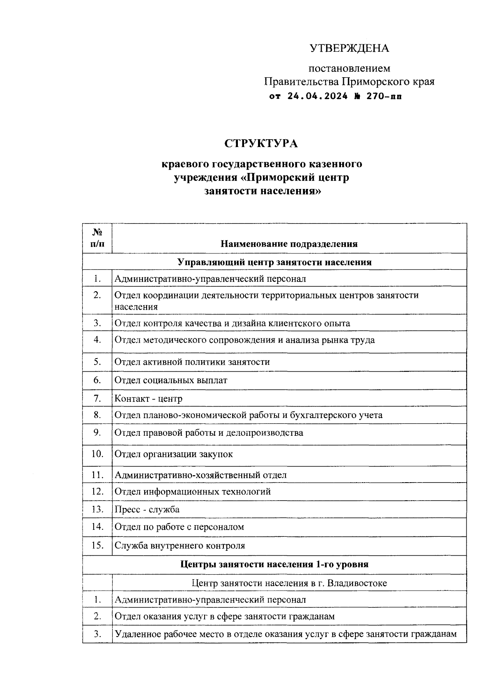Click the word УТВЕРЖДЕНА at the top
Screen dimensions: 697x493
pos(349,48)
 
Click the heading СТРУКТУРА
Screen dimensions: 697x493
pos(261,144)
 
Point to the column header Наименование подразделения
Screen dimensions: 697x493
pos(289,244)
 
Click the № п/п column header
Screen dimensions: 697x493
pos(97,238)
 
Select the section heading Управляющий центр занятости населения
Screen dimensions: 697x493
pos(274,262)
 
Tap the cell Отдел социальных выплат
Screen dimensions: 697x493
pos(171,380)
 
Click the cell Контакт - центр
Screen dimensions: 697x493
pos(148,399)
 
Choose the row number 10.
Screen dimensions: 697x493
pos(97,454)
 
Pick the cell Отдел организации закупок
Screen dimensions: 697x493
pos(174,454)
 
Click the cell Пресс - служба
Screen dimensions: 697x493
pos(147,510)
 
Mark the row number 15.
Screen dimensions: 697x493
pos(97,545)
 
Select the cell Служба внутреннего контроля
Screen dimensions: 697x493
pos(180,546)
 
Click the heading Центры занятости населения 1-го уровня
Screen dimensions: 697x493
pos(274,564)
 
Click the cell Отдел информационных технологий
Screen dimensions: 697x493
pos(193,492)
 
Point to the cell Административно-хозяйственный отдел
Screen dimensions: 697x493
pos(200,475)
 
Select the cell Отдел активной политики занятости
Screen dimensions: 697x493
pos(192,362)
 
